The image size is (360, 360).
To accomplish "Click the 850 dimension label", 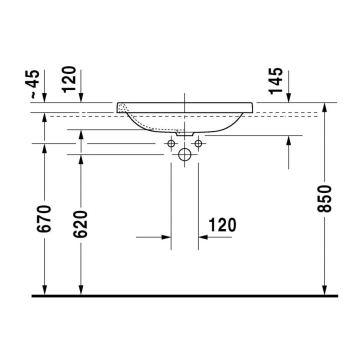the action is coord(324,199).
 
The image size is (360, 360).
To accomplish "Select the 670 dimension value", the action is coord(43,219).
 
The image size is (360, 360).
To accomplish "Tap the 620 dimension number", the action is coord(80,224).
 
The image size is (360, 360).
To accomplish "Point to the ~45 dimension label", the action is coord(35,84).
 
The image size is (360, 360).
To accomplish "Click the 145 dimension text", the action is coord(275,81).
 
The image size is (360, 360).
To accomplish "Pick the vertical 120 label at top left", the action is coord(69,79).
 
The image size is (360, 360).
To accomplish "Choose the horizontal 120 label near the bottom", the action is coord(222,225).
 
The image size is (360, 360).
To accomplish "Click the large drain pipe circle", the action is coord(184,154).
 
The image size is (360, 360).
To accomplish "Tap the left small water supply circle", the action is coord(171,143).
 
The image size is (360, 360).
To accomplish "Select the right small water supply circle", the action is coord(198,143).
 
